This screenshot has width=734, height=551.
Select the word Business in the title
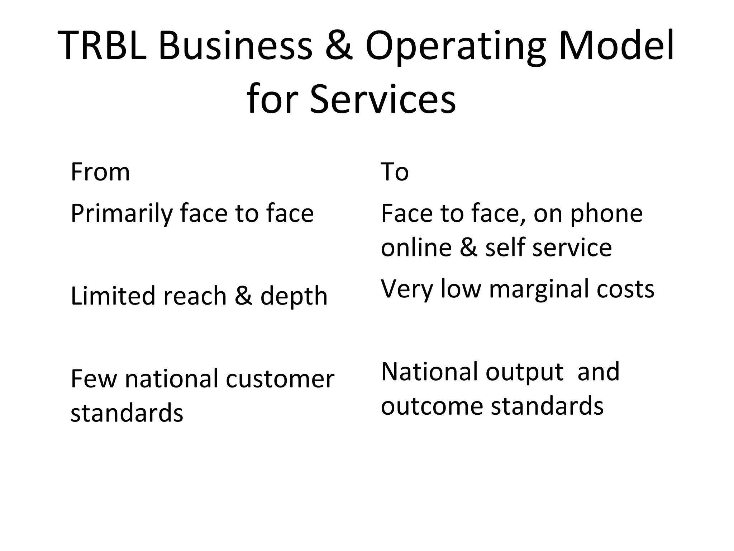tap(235, 46)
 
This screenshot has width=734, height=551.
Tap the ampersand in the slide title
tap(338, 46)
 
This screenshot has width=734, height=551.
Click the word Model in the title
tap(616, 46)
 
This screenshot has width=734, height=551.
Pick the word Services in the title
tap(382, 98)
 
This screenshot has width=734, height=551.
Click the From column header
tap(100, 172)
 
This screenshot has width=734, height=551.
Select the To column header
tap(394, 172)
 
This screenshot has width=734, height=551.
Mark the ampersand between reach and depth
tap(243, 296)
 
